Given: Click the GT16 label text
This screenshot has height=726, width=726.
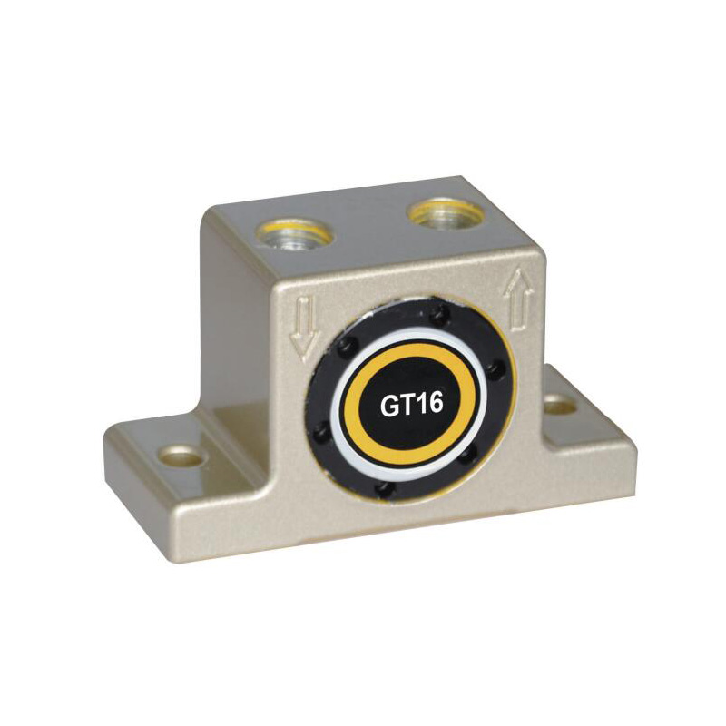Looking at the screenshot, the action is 411,404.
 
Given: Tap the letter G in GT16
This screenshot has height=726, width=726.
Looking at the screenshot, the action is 390,405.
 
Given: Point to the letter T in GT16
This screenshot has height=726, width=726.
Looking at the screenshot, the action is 409,404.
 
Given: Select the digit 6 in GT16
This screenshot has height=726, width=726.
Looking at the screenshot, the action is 435,403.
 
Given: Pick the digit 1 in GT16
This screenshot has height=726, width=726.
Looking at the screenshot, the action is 421,403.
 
